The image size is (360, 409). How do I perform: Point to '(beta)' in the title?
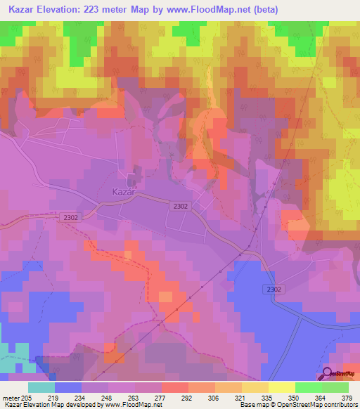point(266,10)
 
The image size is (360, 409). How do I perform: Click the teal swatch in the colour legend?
point(41,387)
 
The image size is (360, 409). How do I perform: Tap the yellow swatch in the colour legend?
point(281,387)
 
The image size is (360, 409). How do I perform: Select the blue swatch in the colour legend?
point(68,387)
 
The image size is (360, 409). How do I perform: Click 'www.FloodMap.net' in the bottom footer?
point(131,405)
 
